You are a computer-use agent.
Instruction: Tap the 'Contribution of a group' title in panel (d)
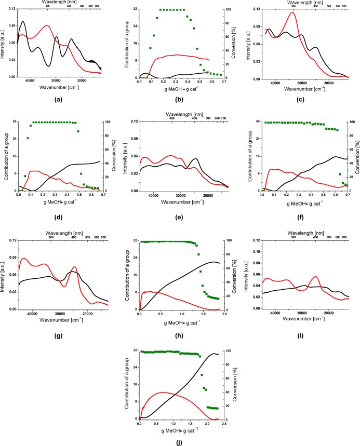click(x=5, y=156)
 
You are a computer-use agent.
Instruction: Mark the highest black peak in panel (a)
click(x=22, y=21)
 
